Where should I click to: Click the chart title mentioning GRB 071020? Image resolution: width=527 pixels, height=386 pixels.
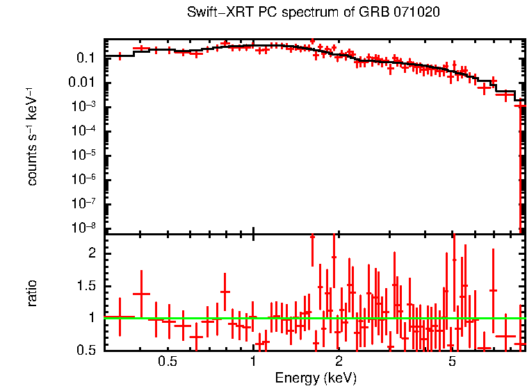pyautogui.click(x=314, y=12)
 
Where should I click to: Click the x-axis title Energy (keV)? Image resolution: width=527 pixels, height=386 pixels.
pyautogui.click(x=316, y=378)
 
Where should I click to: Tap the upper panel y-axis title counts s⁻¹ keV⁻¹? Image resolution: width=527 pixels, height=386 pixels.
pyautogui.click(x=32, y=136)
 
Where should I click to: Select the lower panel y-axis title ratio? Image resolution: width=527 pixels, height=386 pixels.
pyautogui.click(x=32, y=293)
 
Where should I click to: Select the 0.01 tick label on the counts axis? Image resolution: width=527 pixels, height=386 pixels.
pyautogui.click(x=81, y=83)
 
